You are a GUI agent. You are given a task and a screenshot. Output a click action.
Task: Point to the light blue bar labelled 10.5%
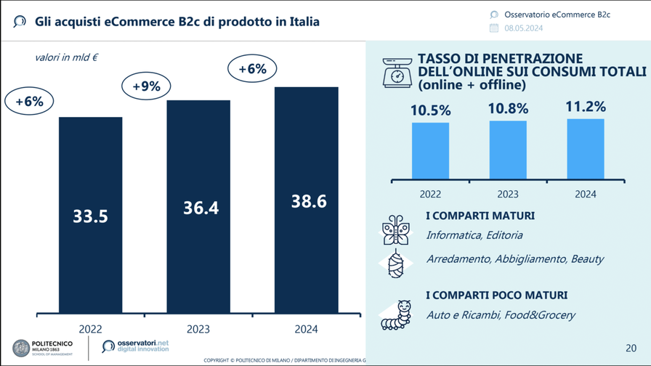[x=430, y=150]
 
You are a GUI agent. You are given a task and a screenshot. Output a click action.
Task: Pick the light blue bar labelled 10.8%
[x=508, y=149]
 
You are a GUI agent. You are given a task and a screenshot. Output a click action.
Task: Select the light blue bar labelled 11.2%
[x=585, y=148]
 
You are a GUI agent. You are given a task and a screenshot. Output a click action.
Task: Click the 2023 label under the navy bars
[x=198, y=329]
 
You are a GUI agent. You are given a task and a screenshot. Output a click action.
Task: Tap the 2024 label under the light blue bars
[x=585, y=194]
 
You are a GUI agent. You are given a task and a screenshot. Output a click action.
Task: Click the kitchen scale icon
[x=397, y=72]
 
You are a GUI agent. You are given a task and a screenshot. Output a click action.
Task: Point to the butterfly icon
[x=396, y=229]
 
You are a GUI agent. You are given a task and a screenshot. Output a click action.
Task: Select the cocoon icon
[x=397, y=264]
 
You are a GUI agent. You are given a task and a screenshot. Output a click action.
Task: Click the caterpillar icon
[x=396, y=314]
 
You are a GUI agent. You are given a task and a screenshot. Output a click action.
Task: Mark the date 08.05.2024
[x=524, y=28]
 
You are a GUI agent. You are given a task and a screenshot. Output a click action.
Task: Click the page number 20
[x=631, y=348]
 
